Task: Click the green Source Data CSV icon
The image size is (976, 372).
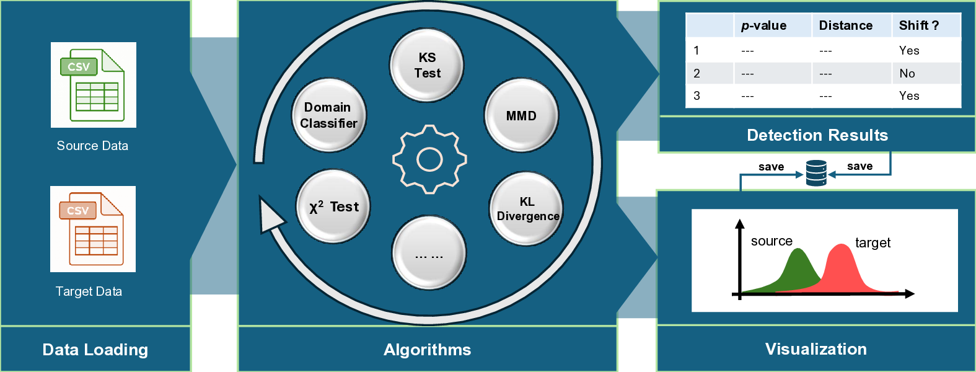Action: tap(93, 85)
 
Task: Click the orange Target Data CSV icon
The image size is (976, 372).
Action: tap(92, 229)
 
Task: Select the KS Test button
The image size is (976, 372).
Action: tap(427, 65)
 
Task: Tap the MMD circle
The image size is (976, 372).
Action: tap(521, 116)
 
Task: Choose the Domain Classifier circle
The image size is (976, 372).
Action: tap(328, 115)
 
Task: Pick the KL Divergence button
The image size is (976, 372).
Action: tap(527, 209)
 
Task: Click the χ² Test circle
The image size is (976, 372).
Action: tap(333, 207)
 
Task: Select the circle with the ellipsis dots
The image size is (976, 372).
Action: tap(428, 254)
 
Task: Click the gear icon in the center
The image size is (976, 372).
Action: tap(429, 159)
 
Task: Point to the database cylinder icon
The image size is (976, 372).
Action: tap(816, 173)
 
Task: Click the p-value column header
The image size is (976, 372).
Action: tap(763, 25)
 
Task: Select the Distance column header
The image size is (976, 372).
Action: tap(845, 25)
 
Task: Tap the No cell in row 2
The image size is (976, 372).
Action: tap(907, 73)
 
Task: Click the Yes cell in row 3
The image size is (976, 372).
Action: tap(909, 95)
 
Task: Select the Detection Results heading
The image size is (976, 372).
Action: tap(817, 135)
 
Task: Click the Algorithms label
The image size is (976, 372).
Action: tap(428, 350)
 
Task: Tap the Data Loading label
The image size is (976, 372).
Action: tap(95, 350)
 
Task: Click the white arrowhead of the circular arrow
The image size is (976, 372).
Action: tap(270, 215)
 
